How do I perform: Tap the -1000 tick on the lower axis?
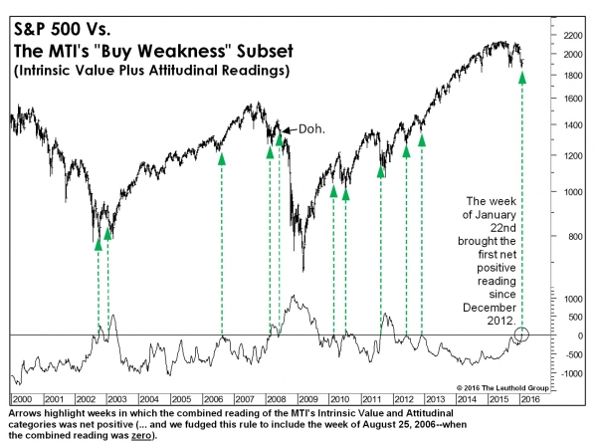[x=570, y=373]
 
